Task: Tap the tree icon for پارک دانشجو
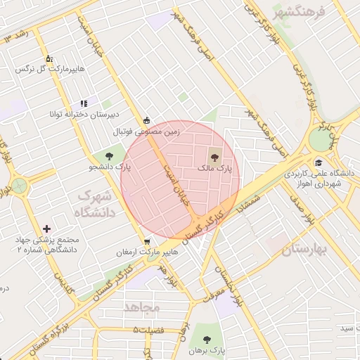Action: coord(109,155)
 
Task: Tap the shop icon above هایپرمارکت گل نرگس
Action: coord(49,58)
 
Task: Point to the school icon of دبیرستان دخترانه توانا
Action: coord(84,103)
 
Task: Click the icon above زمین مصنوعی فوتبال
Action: coord(146,120)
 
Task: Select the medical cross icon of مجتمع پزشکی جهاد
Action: coord(46,229)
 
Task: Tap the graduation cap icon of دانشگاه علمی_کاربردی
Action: coord(319,162)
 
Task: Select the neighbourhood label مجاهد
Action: coord(142,307)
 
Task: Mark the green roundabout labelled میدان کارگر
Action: coord(321,139)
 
